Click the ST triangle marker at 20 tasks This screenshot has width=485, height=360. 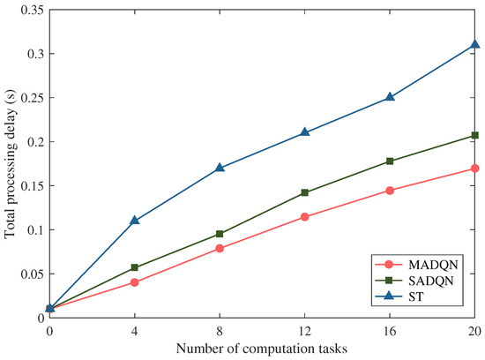coord(474,44)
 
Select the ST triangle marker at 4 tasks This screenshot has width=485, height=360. coord(134,221)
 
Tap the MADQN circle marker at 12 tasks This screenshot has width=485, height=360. coord(304,216)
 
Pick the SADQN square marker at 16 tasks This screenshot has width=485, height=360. coord(390,161)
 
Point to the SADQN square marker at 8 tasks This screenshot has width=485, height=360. coord(220,234)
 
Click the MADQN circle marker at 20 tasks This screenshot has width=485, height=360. coord(474,168)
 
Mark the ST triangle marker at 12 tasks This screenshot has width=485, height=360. coord(304,132)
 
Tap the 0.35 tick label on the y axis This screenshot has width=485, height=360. coord(28,10)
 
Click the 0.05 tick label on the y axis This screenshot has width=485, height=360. coord(28,274)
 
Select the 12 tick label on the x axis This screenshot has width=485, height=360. coord(304,330)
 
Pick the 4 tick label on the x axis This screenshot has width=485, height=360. coord(134,330)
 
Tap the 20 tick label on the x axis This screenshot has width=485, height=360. coord(474,330)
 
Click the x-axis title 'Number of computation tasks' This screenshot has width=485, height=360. coord(262,349)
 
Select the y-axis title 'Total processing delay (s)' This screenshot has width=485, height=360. coord(9,163)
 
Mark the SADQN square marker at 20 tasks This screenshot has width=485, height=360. coord(474,135)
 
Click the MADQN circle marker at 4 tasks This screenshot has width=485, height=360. coord(134,282)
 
